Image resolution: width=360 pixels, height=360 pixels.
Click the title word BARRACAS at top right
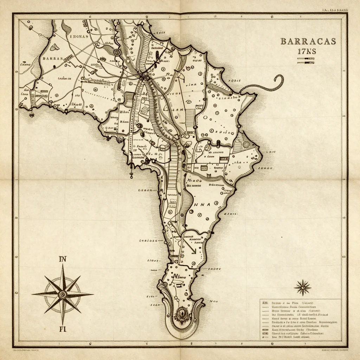tap(308, 41)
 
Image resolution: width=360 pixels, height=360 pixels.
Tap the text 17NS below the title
tap(307, 51)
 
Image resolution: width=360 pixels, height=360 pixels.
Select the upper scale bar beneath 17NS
tap(305, 59)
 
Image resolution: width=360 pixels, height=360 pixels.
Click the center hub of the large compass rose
tap(63, 294)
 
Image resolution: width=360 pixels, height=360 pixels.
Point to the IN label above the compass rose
tap(63, 260)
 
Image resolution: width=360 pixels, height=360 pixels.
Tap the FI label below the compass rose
tap(63, 329)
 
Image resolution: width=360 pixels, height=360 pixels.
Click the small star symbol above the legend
tap(302, 287)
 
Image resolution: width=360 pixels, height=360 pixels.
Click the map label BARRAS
tap(52, 59)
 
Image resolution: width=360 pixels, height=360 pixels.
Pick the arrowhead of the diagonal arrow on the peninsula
tap(194, 252)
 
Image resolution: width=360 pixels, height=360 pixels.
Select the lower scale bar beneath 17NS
tap(305, 63)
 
